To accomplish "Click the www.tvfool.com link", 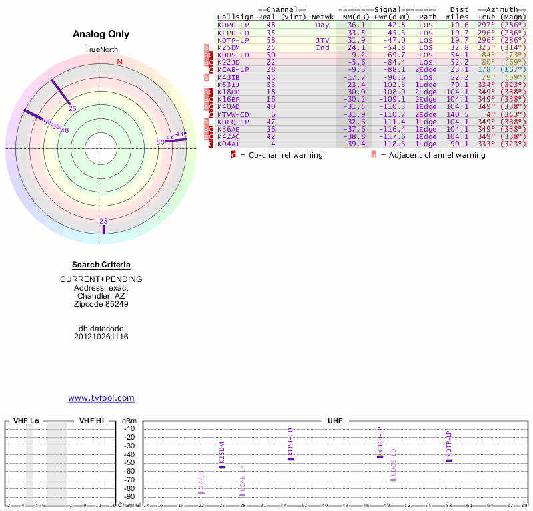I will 101,398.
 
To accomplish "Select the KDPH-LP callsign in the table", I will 233,25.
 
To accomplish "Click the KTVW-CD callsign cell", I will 233,114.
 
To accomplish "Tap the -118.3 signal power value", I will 391,144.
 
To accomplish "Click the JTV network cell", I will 322,40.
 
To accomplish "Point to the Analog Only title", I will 101,34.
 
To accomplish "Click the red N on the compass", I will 119,62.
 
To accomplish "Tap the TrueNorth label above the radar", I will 101,50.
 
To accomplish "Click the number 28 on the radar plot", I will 103,221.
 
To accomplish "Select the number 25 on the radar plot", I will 73,108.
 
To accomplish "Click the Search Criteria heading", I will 101,265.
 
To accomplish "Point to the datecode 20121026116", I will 101,337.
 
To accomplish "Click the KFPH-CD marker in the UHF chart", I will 290,459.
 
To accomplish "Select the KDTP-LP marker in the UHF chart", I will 448,460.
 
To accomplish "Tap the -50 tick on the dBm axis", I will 129,463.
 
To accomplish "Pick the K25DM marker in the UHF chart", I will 222,467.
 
